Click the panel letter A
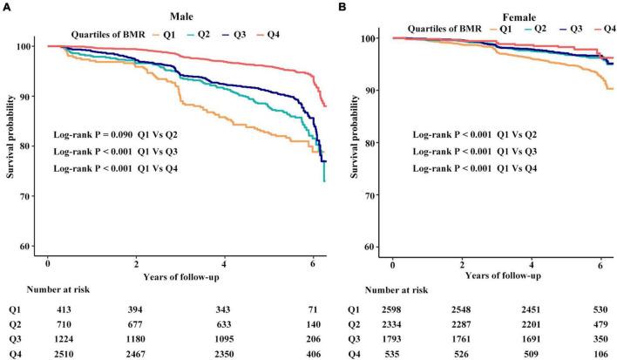coord(5,6)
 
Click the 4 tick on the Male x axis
coord(224,262)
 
